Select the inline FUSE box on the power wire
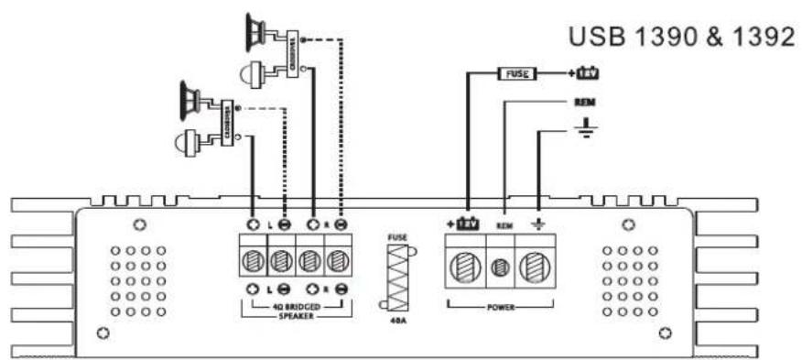click(x=515, y=72)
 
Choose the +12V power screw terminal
click(x=467, y=269)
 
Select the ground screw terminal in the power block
click(x=536, y=269)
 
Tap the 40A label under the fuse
click(x=396, y=322)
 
